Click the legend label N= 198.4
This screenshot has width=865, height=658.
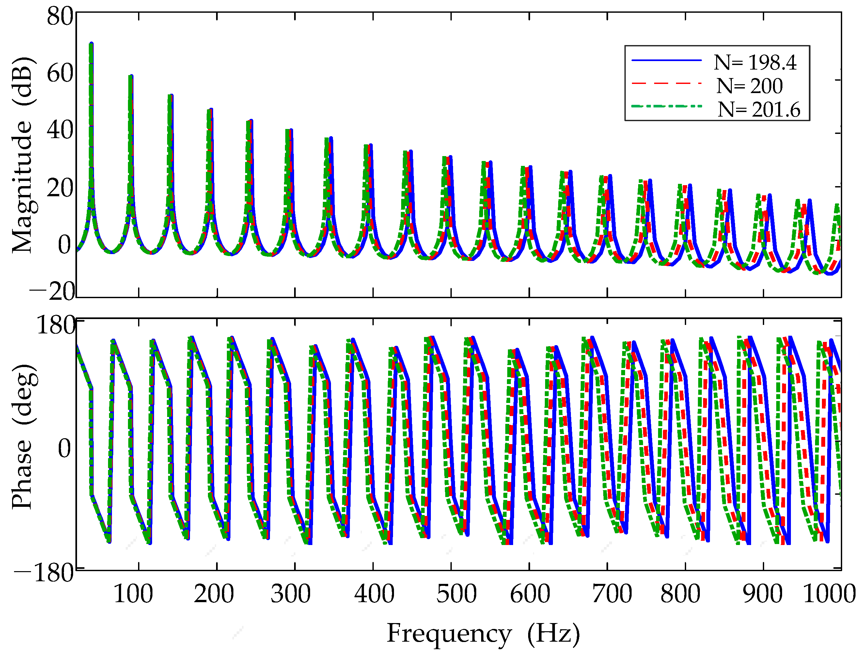(x=755, y=63)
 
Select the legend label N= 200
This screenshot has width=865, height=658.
(x=749, y=86)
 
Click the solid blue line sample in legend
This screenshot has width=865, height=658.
(x=666, y=60)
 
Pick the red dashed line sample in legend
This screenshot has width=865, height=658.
(x=666, y=83)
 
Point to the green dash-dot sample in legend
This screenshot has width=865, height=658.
(x=666, y=106)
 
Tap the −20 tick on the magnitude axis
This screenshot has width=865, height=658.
(x=52, y=292)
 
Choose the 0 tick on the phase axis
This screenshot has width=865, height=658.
(x=65, y=448)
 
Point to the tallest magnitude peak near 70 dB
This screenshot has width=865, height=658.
(x=91, y=44)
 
